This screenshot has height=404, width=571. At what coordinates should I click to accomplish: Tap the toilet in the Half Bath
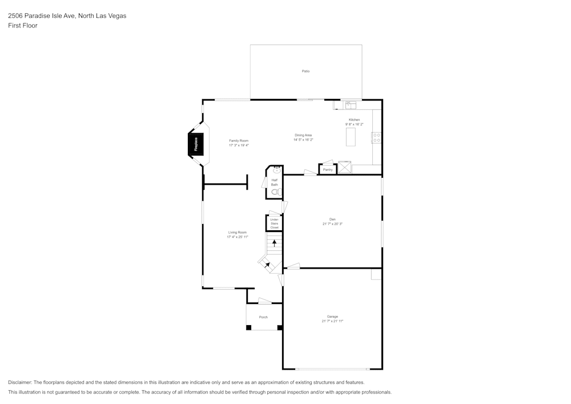275,193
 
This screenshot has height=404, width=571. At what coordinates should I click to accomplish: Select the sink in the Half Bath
277,170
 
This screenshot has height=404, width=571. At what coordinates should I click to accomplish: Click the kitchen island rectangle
350,137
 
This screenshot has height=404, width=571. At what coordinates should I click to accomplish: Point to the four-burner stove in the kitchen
377,137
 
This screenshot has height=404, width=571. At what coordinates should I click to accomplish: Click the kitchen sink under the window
350,105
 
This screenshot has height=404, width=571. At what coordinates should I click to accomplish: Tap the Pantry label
328,170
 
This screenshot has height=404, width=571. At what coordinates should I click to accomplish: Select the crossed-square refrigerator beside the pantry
344,167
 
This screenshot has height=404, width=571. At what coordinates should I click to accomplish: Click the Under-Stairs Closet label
274,223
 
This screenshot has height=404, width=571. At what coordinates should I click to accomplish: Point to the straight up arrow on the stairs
274,243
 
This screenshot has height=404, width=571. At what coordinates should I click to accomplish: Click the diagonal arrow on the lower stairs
267,265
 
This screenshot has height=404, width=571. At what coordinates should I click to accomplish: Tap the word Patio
305,71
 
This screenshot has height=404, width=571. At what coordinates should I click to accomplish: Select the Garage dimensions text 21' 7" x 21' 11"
332,321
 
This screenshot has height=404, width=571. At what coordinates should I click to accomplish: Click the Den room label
332,219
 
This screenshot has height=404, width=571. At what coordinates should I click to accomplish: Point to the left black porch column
248,327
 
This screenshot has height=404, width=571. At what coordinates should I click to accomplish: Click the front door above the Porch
264,301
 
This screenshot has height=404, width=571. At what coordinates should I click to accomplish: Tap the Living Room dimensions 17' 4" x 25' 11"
238,237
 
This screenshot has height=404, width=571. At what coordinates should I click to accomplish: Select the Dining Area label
303,135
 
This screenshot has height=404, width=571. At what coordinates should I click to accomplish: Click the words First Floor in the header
23,26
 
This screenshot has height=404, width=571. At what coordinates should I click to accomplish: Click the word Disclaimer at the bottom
20,382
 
